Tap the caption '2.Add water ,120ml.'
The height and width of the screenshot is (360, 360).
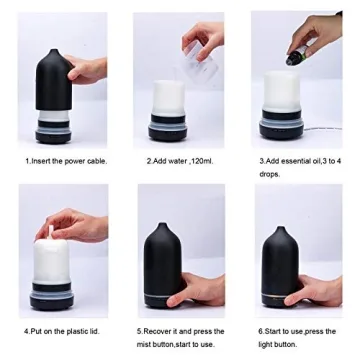pos(180,160)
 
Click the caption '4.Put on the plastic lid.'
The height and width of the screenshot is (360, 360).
pos(62,329)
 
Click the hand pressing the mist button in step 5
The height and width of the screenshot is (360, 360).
pos(200,292)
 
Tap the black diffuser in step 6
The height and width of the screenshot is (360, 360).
pos(277,265)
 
